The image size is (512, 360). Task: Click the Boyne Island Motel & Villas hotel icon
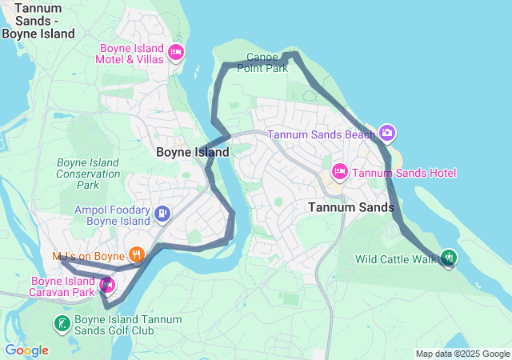tap(176, 54)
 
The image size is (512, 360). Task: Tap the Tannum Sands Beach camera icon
tap(387, 133)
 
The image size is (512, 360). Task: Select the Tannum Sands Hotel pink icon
tap(339, 172)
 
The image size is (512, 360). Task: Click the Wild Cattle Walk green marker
tap(449, 258)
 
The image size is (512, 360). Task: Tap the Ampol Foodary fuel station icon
tap(163, 213)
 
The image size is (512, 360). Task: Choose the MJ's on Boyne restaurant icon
tap(137, 255)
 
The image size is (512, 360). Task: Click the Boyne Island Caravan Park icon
tap(106, 283)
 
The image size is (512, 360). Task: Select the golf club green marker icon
tap(61, 324)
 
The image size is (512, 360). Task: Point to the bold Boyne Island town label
tap(192, 152)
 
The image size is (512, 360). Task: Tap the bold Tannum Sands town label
tap(351, 207)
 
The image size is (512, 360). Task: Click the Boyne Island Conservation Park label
tap(88, 174)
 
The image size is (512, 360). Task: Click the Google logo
tap(26, 350)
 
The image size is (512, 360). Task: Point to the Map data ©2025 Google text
tap(462, 354)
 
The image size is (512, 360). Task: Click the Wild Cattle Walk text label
tap(396, 259)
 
